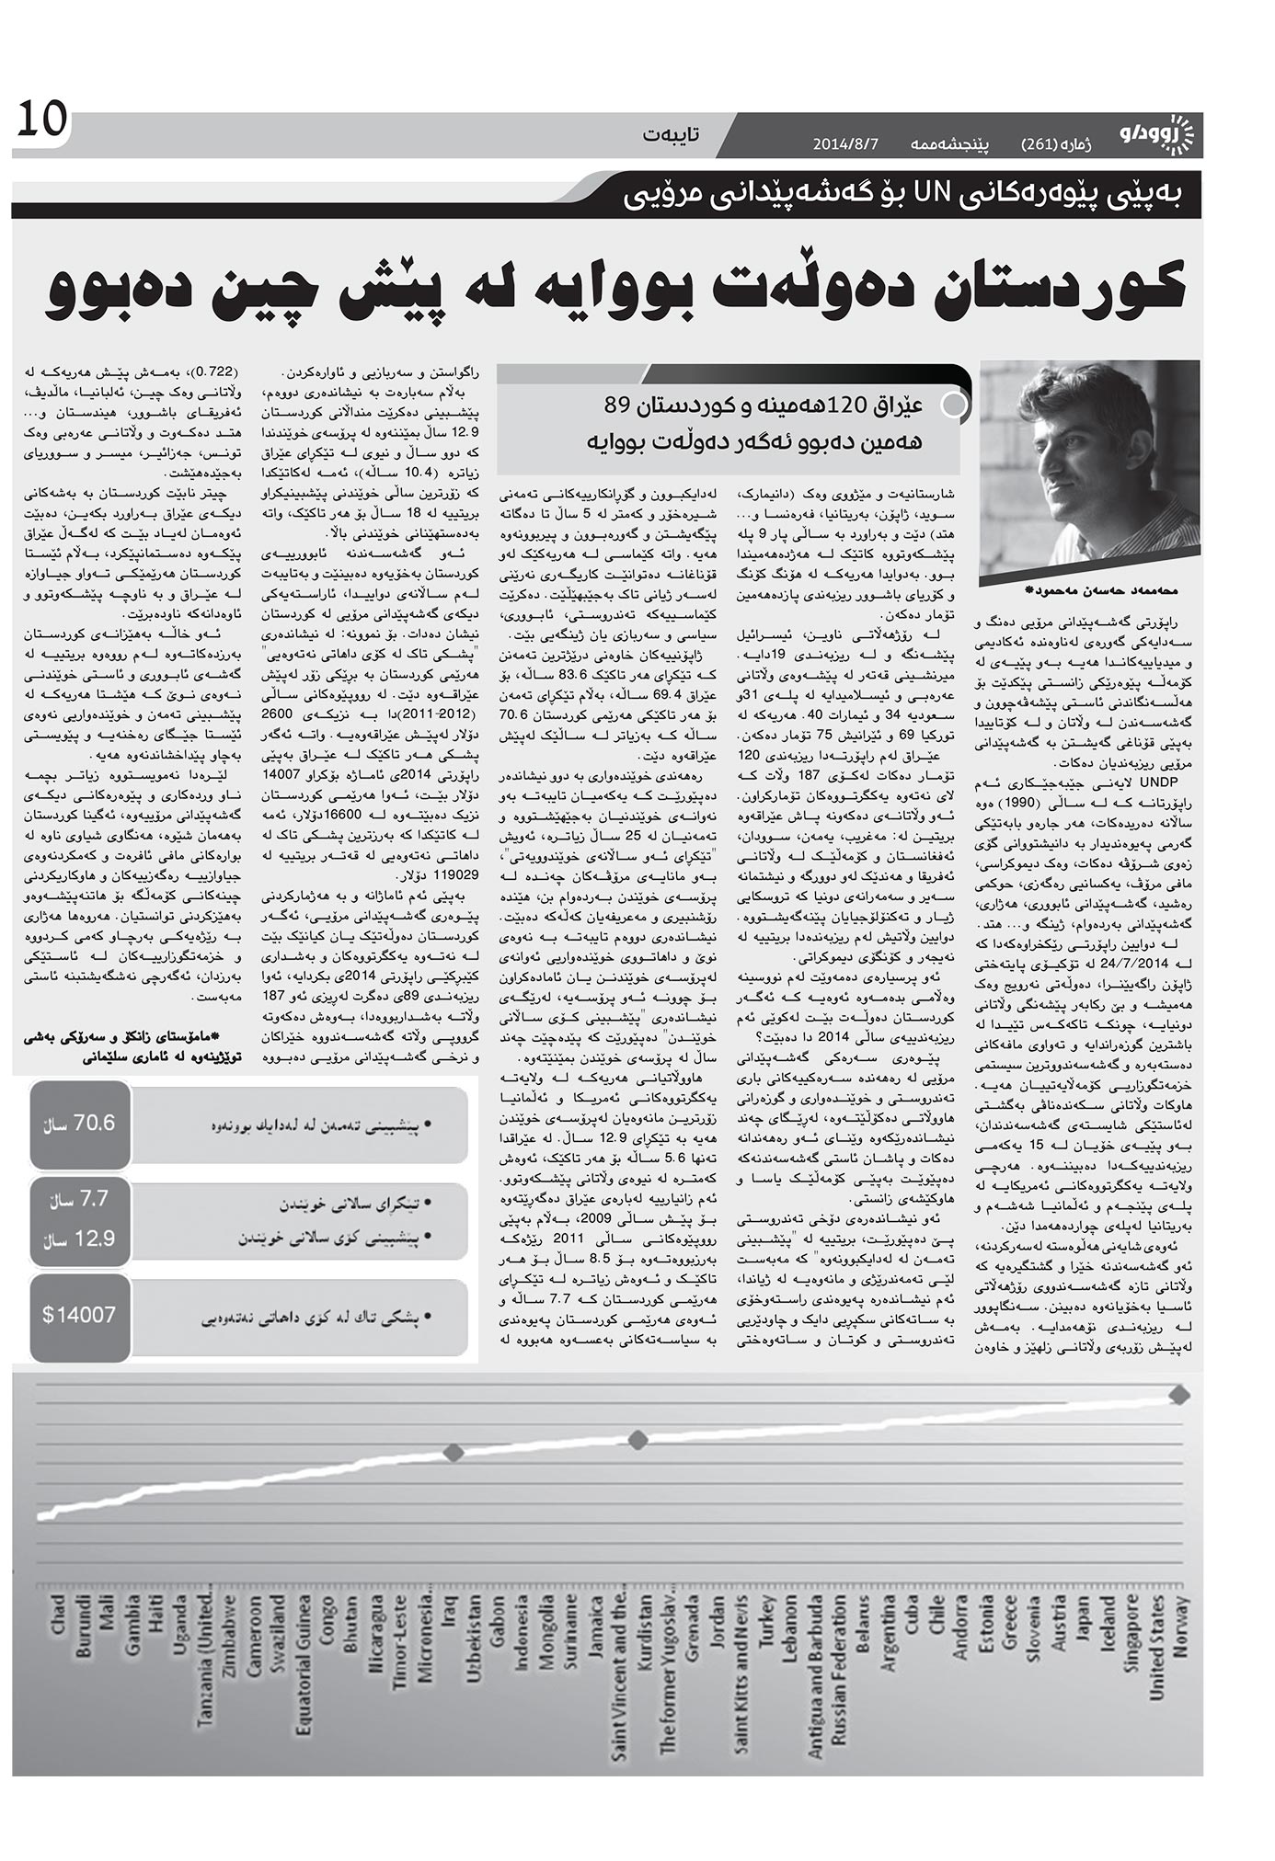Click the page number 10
click(x=41, y=120)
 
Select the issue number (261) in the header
click(x=1041, y=144)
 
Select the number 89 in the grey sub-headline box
click(x=615, y=405)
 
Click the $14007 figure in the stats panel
click(x=79, y=1314)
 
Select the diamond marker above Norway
click(x=1179, y=1396)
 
